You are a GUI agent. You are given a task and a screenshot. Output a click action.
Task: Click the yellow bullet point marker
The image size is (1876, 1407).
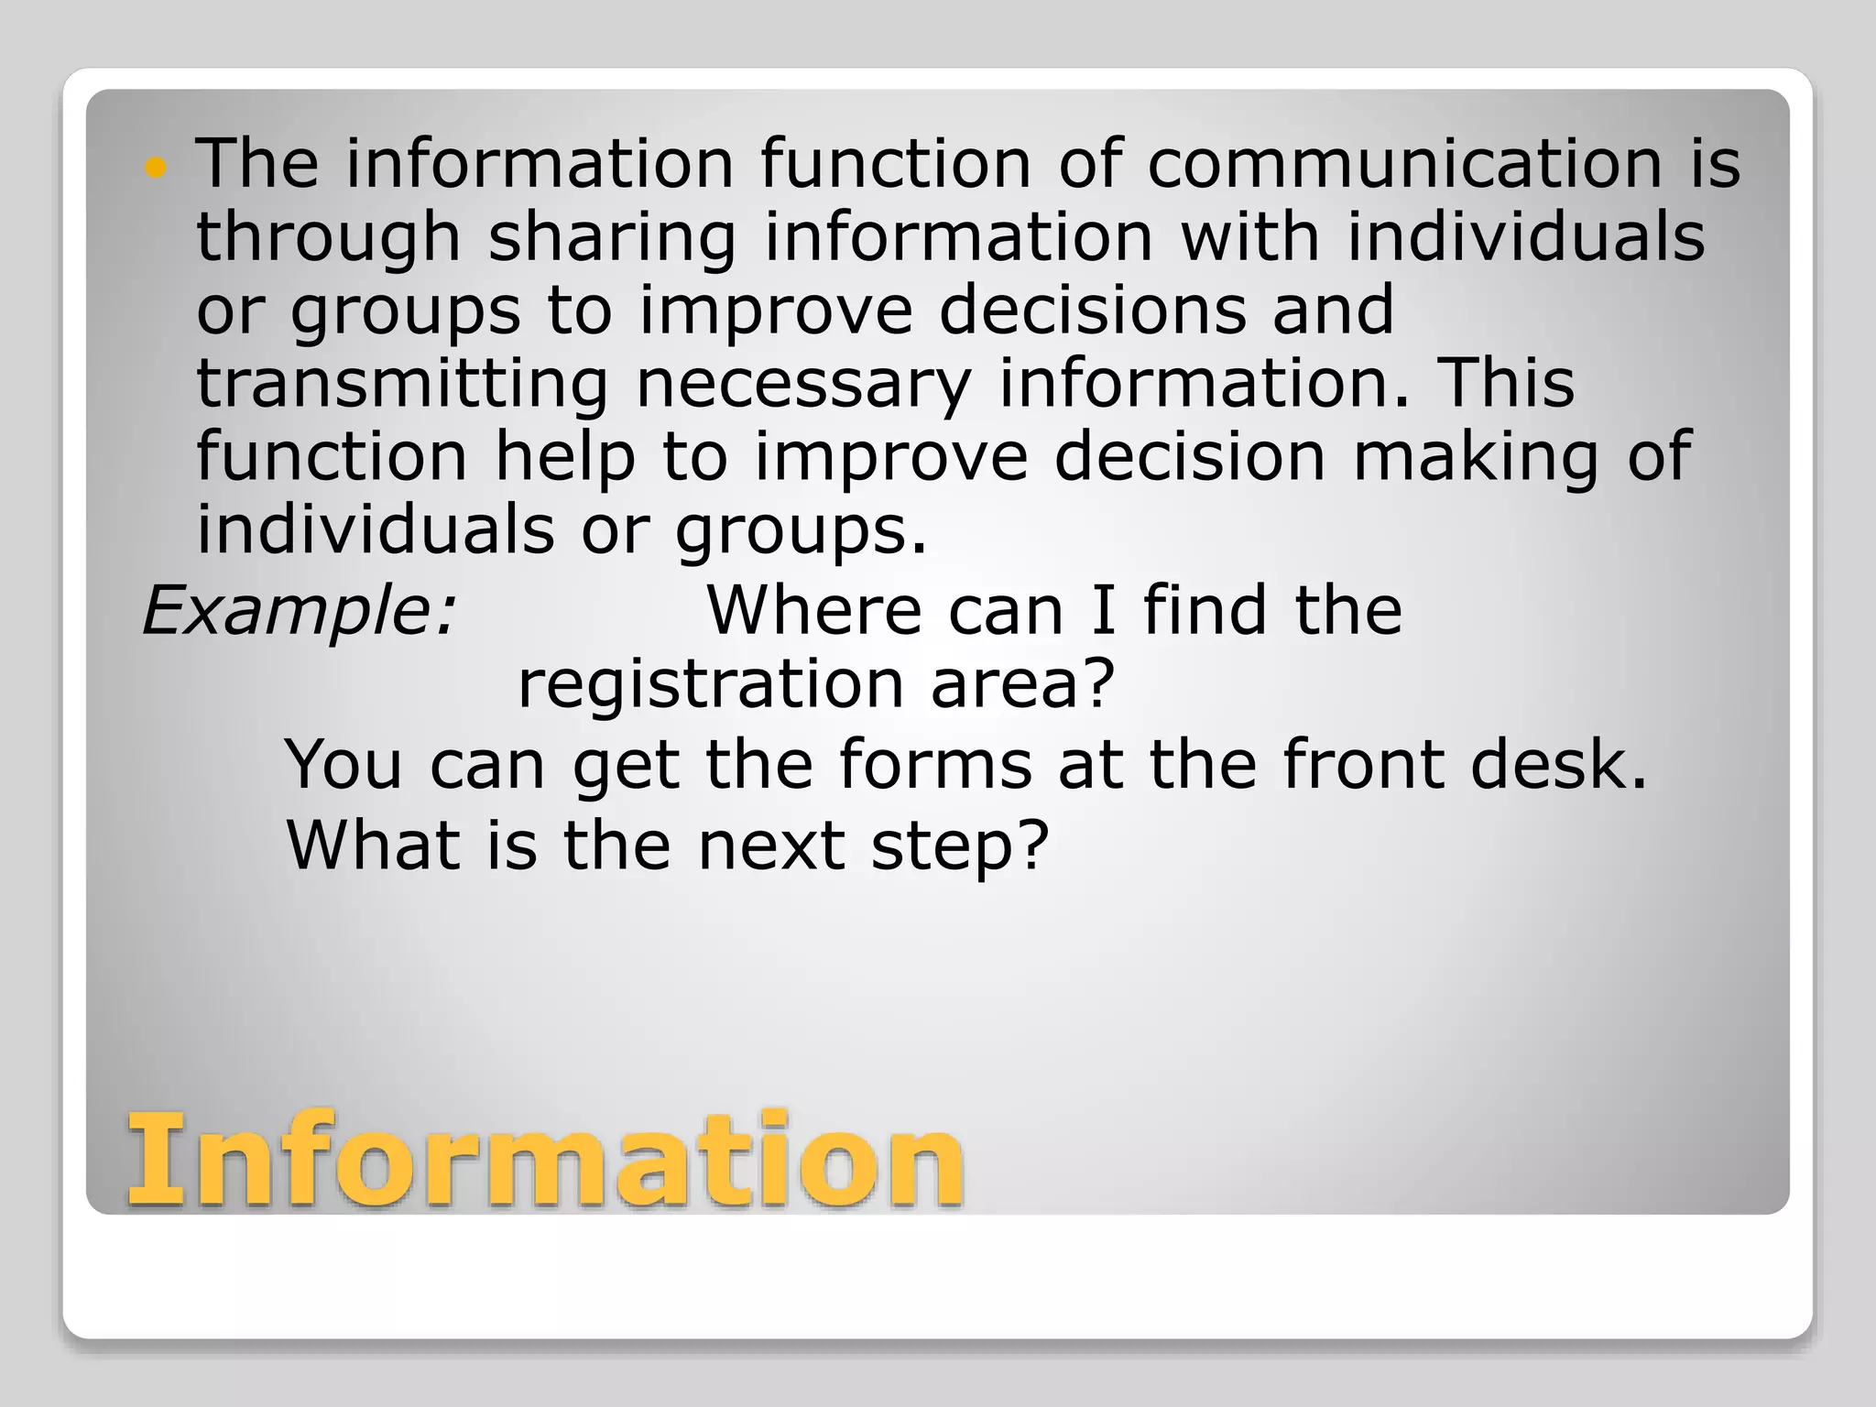(157, 167)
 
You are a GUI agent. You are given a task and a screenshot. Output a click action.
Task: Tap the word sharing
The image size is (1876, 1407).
(612, 238)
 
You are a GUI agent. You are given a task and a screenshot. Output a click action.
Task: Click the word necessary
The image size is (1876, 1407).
(802, 385)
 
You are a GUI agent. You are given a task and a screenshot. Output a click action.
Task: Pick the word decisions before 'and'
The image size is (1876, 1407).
(1092, 310)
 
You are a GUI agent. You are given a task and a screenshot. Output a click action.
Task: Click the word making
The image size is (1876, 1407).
(1476, 458)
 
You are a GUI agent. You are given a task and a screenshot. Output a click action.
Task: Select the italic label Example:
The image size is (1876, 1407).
(299, 611)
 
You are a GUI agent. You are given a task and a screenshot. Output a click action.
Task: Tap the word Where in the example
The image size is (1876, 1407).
(813, 610)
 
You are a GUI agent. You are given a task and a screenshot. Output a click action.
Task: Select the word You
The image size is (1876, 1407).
(344, 764)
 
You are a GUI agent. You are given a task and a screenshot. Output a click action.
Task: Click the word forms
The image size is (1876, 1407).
(934, 764)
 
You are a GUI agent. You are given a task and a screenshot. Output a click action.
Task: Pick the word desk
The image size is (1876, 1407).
(1558, 764)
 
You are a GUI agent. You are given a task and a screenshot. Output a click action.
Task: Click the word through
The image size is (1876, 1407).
(328, 238)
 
